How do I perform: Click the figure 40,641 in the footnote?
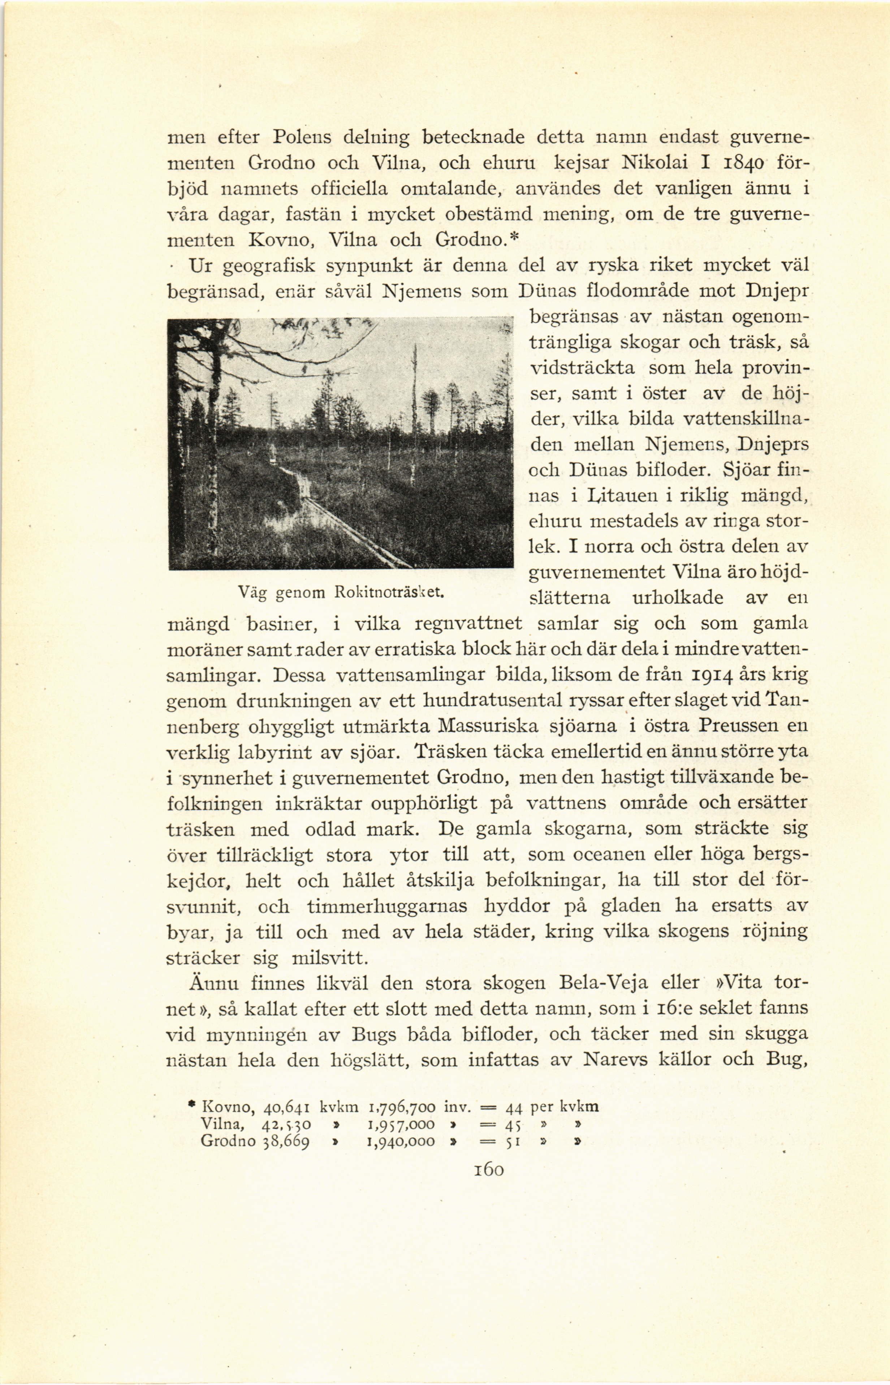click(287, 1107)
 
